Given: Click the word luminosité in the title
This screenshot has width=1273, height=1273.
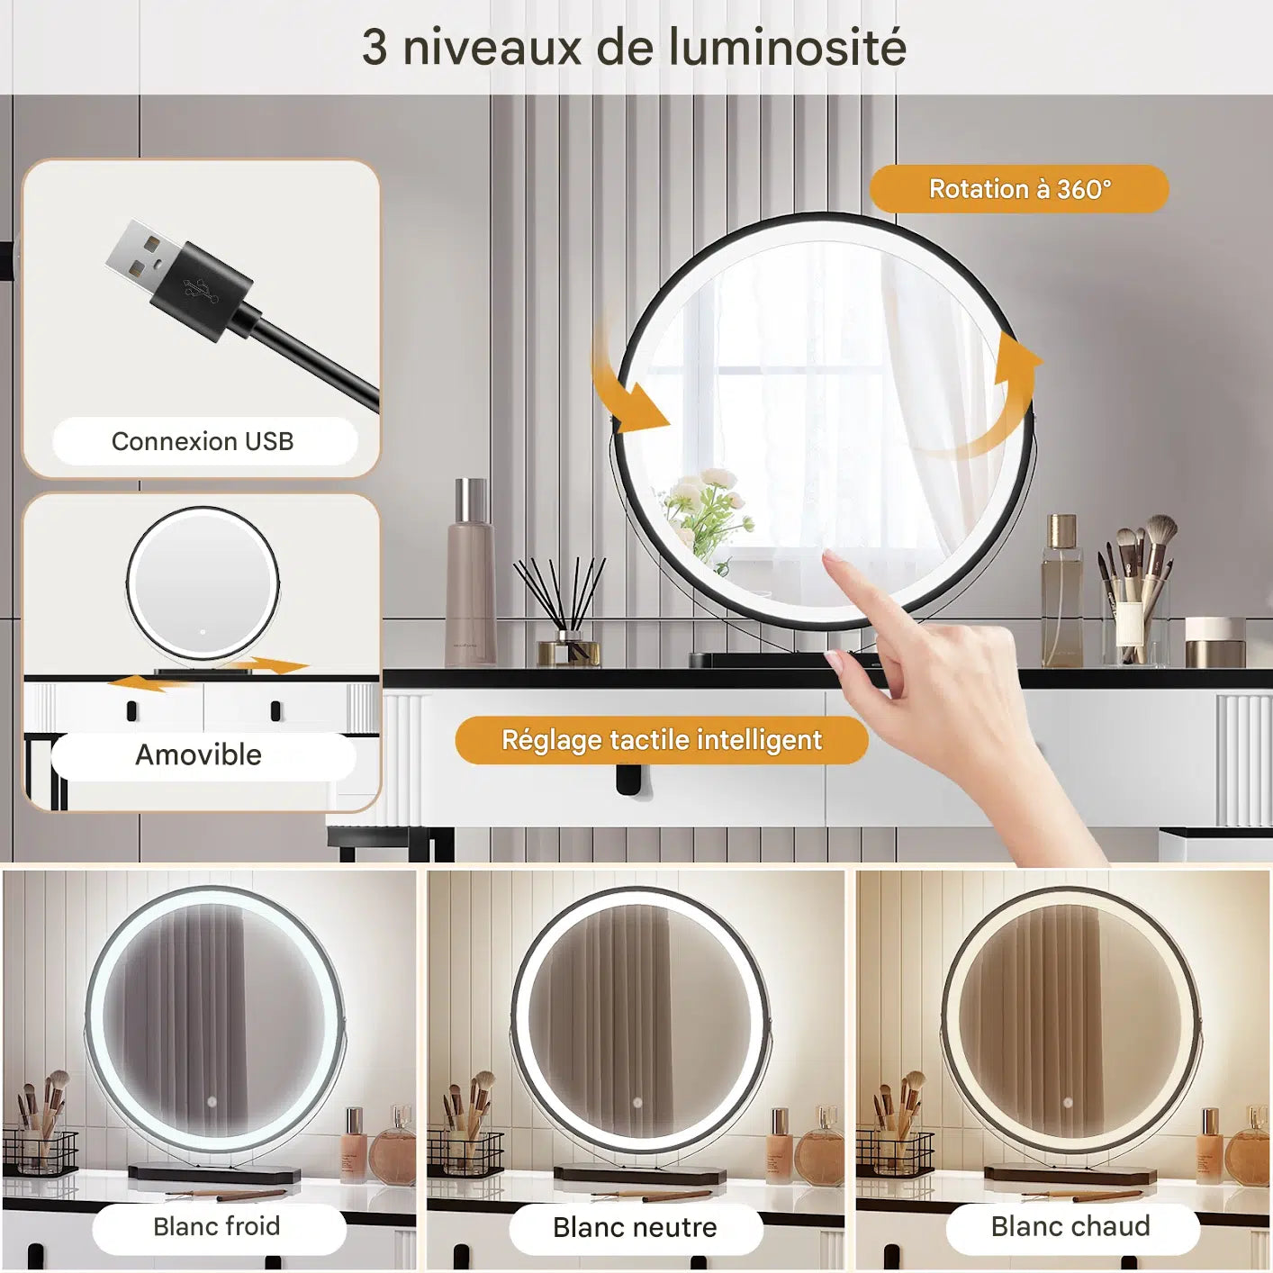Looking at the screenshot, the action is coord(788,48).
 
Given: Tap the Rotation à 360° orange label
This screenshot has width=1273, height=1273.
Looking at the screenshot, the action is coord(1018,189).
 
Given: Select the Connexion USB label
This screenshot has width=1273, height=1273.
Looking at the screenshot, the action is coord(203,441).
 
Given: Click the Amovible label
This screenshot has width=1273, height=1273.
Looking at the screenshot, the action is coord(199,755).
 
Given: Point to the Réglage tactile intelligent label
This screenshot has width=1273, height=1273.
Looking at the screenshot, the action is coord(662,740).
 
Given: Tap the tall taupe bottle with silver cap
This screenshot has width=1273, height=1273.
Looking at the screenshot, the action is coord(470,572).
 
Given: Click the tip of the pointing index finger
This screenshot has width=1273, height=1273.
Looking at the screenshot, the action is coord(828,555).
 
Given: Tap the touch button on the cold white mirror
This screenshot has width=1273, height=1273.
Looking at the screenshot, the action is coord(212,1103).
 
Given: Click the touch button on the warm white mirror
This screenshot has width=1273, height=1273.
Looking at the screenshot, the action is coord(1069,1103).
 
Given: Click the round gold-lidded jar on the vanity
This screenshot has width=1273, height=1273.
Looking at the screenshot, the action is coord(1214,642).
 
